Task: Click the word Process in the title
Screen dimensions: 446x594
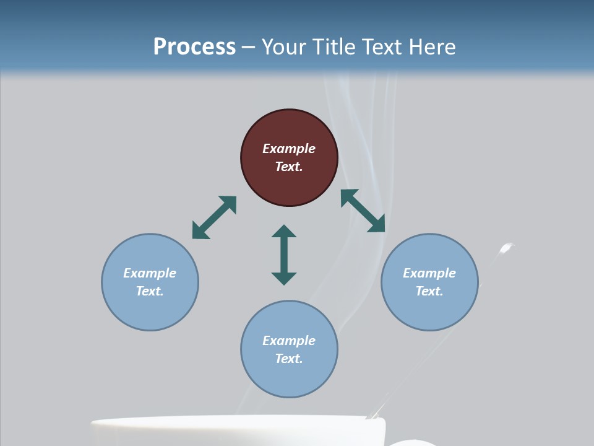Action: tap(194, 47)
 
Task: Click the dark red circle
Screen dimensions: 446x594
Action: tap(289, 158)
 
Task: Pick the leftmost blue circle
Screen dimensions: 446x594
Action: tap(150, 282)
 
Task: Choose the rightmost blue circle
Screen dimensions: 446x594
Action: tap(429, 282)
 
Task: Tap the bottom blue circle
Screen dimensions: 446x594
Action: tap(289, 349)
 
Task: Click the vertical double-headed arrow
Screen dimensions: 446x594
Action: tap(284, 255)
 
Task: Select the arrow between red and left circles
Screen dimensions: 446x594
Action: tap(214, 217)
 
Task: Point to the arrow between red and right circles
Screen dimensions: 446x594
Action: tap(363, 211)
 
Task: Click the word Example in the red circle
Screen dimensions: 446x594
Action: tap(289, 149)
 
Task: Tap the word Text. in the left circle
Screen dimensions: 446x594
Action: tap(150, 291)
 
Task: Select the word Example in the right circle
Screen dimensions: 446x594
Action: tap(429, 273)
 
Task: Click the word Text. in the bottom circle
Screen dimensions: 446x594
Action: tap(289, 359)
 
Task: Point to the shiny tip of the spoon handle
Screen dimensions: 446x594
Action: tap(507, 248)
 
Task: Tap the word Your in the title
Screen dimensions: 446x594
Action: tap(282, 47)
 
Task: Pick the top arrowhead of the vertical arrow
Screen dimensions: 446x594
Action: tap(284, 233)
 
